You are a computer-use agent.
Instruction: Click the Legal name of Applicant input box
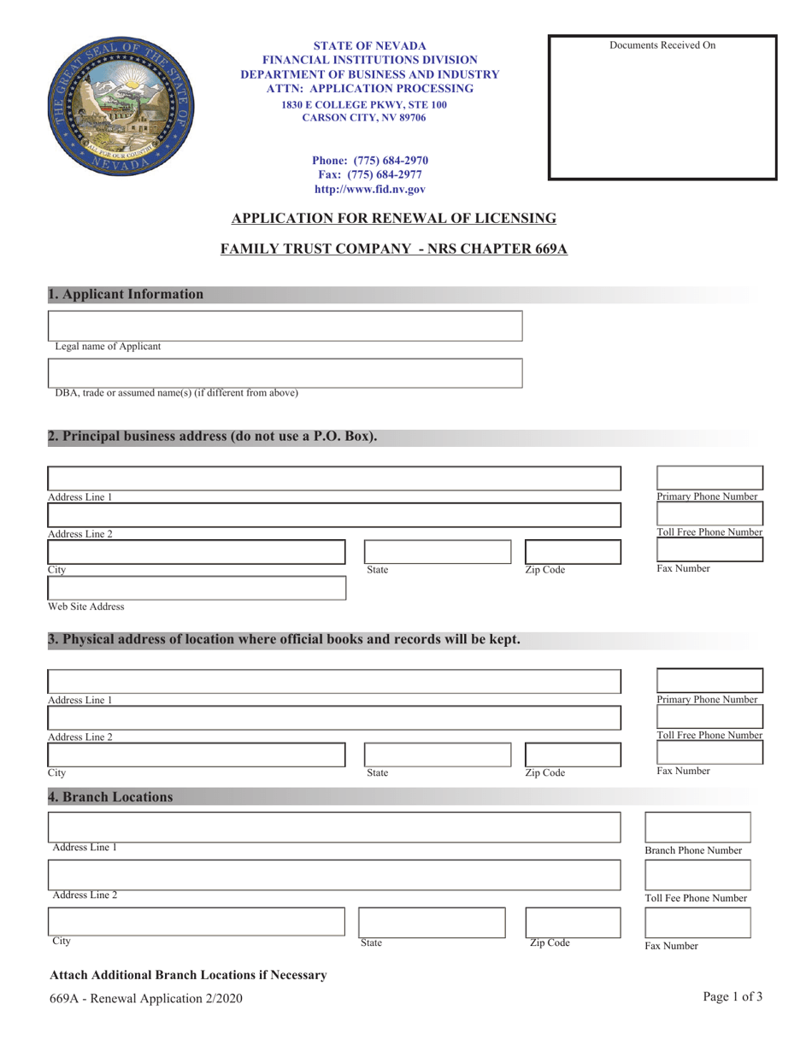[x=285, y=326]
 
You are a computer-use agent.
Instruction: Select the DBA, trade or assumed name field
[x=285, y=373]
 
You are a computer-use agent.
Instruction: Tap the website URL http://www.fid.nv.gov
[x=369, y=190]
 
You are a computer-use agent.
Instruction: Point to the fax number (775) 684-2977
[x=369, y=174]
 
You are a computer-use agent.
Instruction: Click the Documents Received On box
[x=662, y=108]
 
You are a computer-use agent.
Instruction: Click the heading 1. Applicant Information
[x=127, y=295]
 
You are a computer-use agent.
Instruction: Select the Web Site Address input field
[x=197, y=588]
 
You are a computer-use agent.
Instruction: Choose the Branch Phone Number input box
[x=697, y=827]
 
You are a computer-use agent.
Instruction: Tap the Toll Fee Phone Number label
[x=696, y=898]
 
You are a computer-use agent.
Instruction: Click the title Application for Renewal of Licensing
[x=394, y=219]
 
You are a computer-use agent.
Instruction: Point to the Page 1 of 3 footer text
[x=733, y=996]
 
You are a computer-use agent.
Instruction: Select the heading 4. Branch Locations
[x=111, y=797]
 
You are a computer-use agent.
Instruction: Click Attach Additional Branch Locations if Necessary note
[x=188, y=975]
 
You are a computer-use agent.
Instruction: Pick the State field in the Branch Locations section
[x=432, y=923]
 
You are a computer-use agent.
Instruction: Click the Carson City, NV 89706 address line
[x=364, y=118]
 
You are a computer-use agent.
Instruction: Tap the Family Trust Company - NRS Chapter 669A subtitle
[x=394, y=250]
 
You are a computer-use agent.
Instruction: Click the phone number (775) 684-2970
[x=369, y=160]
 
